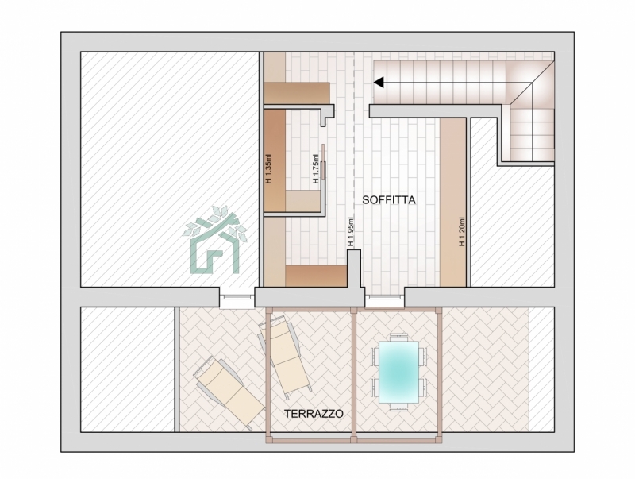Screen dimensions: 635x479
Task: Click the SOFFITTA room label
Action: (x=389, y=200)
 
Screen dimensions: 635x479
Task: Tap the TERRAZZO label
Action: (x=314, y=414)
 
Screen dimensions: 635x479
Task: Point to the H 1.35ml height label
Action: (x=268, y=168)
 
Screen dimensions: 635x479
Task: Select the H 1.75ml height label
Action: (x=316, y=168)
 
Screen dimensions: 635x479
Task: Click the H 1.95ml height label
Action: (x=350, y=232)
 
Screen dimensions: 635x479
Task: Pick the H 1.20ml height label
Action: (x=462, y=231)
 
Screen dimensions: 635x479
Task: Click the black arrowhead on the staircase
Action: (x=379, y=83)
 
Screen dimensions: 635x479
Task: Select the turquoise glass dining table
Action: (x=398, y=372)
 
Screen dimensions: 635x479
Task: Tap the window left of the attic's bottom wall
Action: (x=237, y=299)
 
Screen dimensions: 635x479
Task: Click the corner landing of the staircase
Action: (x=529, y=84)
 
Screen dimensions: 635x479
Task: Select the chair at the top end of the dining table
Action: (x=398, y=337)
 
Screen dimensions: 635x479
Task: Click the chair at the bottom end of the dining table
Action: (x=398, y=408)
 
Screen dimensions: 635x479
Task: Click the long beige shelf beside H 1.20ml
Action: (x=452, y=203)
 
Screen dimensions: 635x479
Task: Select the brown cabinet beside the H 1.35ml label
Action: (x=275, y=160)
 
